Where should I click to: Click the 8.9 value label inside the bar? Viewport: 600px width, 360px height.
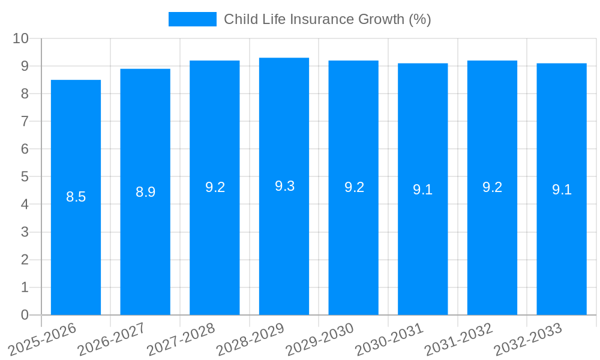[145, 192]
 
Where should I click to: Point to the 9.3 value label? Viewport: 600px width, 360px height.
[284, 186]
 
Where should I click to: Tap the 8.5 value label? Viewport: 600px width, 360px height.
[76, 197]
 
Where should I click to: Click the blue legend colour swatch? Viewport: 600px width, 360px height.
[192, 19]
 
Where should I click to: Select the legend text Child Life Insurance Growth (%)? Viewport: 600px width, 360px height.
[327, 19]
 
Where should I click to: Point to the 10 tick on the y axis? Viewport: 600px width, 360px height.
[21, 38]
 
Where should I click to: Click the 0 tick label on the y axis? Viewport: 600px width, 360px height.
[25, 315]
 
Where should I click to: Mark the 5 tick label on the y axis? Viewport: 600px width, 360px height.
[25, 177]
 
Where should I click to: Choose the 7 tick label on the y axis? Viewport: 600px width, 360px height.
[25, 121]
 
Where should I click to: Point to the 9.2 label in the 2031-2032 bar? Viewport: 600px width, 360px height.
[492, 187]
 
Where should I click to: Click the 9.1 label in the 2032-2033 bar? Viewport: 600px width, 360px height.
[562, 190]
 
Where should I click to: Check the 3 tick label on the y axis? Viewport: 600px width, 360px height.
[25, 232]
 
